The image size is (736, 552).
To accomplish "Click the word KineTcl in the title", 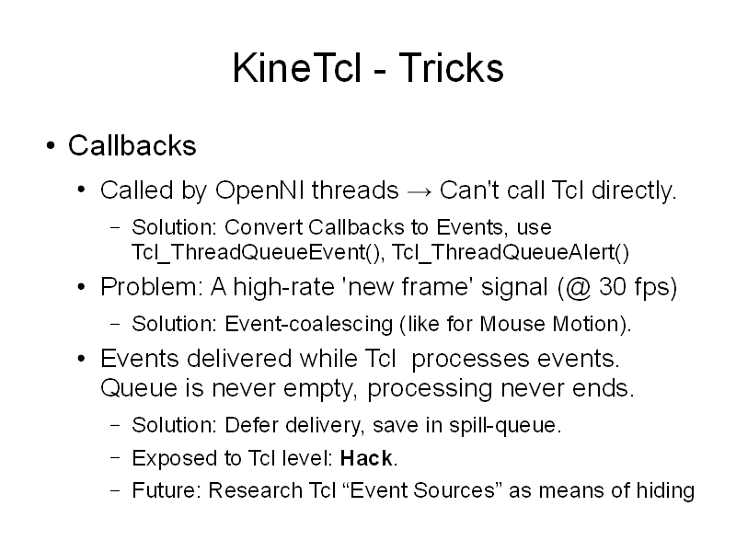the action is click(297, 67).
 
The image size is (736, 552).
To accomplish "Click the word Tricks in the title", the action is click(451, 67).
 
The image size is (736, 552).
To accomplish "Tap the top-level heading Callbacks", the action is click(132, 145).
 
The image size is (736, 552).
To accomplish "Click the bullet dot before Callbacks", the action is click(51, 145).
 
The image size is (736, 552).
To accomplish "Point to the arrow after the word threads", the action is click(420, 192).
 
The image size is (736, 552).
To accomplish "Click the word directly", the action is click(634, 190).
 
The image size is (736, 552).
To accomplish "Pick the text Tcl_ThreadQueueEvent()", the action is click(258, 252).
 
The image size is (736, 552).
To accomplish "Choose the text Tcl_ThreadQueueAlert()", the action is click(510, 252).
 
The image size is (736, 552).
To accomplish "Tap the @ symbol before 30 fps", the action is click(578, 287).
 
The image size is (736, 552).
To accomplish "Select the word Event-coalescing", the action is click(308, 324).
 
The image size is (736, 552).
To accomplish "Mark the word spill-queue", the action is click(505, 425).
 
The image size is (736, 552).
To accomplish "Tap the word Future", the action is click(167, 490).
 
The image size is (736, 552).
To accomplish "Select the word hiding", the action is click(665, 491).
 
